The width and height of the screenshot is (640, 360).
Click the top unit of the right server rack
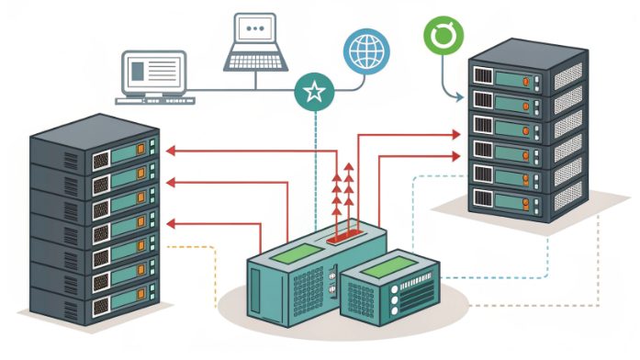tap(523, 73)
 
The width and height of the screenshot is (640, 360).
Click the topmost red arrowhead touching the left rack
tap(170, 148)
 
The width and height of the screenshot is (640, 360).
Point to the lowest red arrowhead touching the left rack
tap(170, 221)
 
